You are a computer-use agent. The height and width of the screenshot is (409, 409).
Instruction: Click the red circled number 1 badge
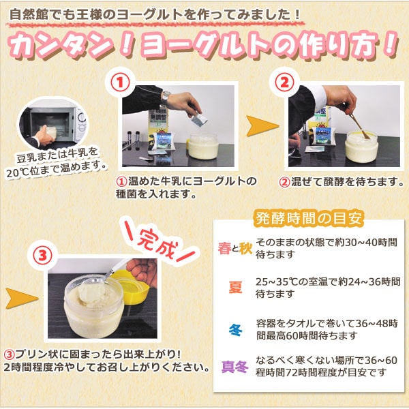120,82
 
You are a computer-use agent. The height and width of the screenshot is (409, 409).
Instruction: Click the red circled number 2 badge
284,82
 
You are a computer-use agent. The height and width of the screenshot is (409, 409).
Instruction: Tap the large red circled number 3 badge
44,256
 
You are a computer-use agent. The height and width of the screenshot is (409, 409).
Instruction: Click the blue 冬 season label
234,331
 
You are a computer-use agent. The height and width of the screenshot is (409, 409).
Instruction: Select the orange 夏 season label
234,287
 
